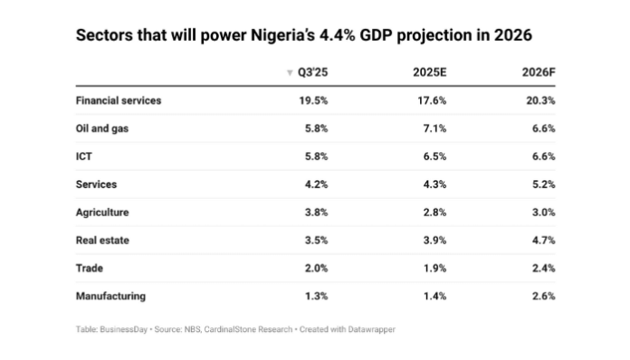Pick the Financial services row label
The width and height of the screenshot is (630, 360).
pyautogui.click(x=119, y=100)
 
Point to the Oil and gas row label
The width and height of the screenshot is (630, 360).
pyautogui.click(x=102, y=128)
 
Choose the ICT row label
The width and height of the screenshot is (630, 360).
pyautogui.click(x=84, y=156)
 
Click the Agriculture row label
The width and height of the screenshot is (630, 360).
pyautogui.click(x=102, y=212)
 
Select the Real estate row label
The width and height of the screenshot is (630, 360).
pyautogui.click(x=103, y=240)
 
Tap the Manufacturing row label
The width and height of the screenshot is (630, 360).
pyautogui.click(x=110, y=296)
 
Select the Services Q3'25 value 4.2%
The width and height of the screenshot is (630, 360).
pyautogui.click(x=316, y=185)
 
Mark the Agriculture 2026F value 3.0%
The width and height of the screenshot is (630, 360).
pyautogui.click(x=541, y=212)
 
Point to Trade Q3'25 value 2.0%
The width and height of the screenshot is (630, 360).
pyautogui.click(x=316, y=268)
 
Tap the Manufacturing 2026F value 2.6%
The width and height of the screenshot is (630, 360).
pyautogui.click(x=541, y=296)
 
